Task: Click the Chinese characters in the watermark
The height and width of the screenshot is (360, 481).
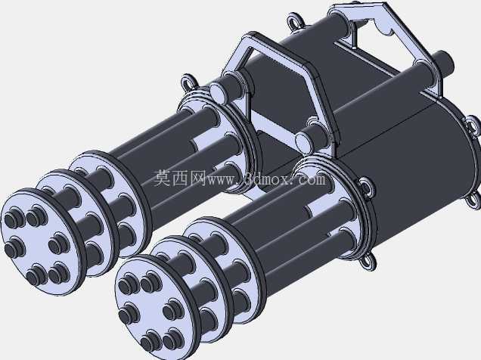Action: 180,178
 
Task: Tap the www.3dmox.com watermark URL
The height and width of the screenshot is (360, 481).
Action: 266,178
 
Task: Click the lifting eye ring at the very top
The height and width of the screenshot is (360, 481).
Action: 295,21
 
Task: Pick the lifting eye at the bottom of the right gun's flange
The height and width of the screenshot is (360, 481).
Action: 368,261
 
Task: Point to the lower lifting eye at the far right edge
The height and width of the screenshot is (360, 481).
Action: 474,200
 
